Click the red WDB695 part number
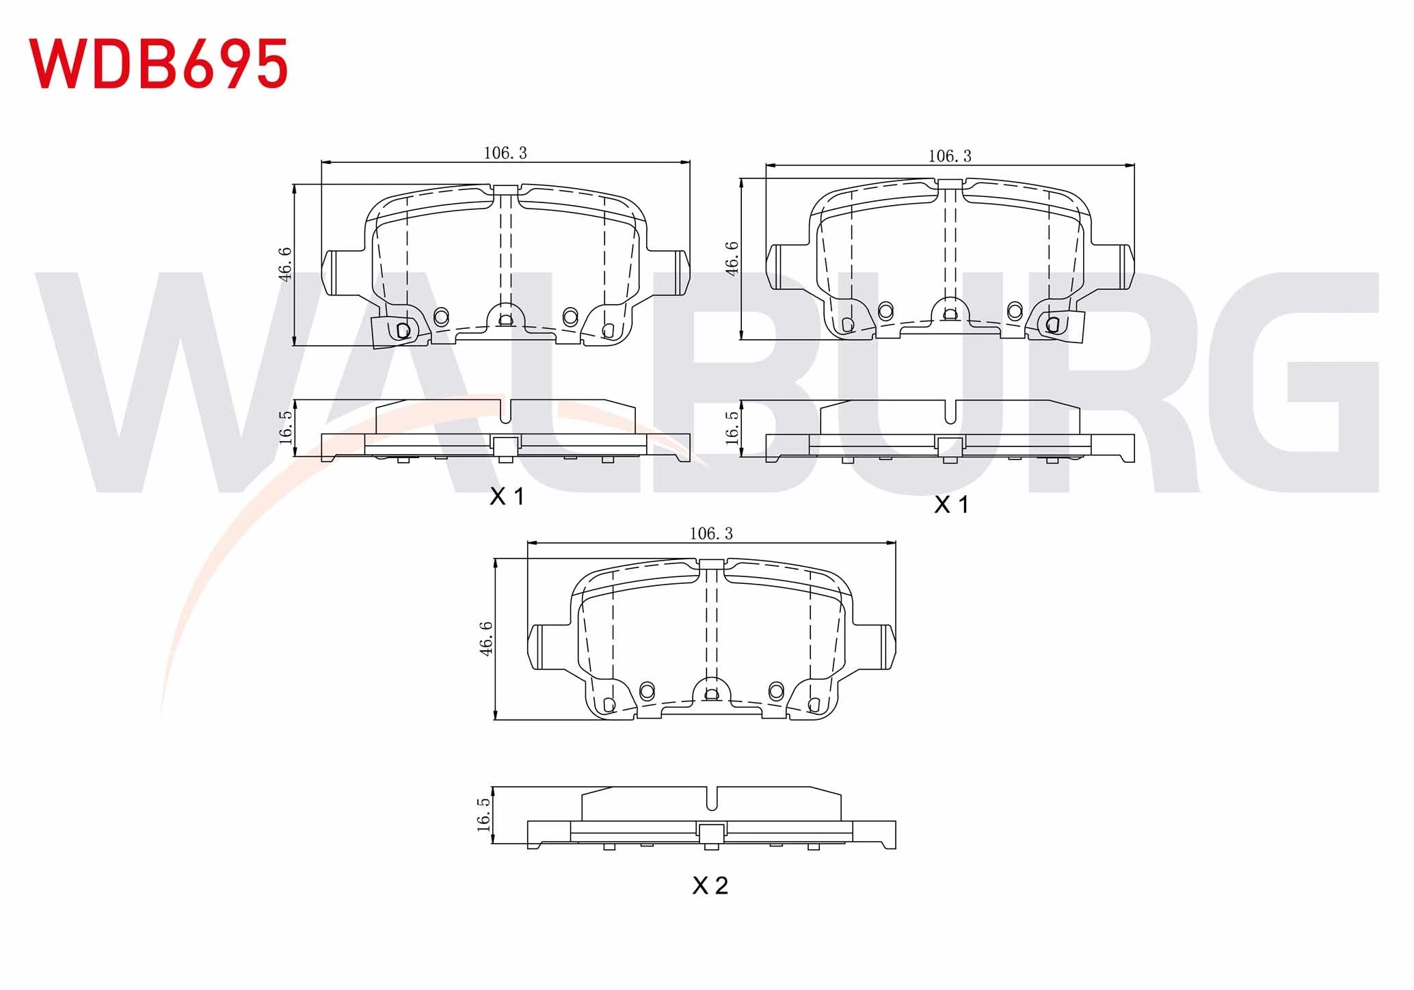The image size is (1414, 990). tap(158, 63)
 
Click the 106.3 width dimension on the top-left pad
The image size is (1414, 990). tap(505, 153)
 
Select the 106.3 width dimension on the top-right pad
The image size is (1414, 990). tap(949, 156)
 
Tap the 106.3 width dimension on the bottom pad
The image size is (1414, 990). tap(711, 533)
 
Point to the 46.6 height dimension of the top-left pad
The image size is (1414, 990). tap(285, 263)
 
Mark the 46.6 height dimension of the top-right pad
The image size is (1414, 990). tap(732, 258)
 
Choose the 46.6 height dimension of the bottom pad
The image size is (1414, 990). tap(486, 639)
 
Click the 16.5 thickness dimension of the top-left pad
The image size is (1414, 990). tap(286, 427)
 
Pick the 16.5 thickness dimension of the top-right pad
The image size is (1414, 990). tap(732, 427)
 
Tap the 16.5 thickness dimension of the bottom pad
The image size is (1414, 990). tap(484, 814)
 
